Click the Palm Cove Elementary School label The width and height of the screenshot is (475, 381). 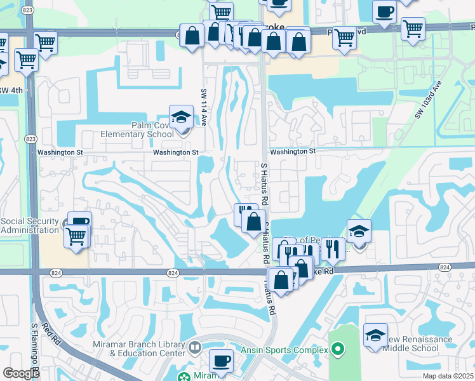click(137, 130)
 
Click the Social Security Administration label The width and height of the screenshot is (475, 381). click(30, 225)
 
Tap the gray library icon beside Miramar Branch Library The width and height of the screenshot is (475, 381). click(196, 348)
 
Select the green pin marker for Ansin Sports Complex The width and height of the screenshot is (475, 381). click(338, 349)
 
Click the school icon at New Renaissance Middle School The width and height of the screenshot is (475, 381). click(375, 335)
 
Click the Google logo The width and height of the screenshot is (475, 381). click(21, 373)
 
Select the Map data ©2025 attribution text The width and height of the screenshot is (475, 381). click(448, 376)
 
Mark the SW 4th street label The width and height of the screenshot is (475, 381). click(11, 90)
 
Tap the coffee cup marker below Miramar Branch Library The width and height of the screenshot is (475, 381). click(221, 361)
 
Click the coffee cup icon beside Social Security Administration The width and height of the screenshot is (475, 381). click(80, 222)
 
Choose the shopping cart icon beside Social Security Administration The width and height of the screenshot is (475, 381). click(76, 236)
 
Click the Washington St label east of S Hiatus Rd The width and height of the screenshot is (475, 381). click(292, 152)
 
